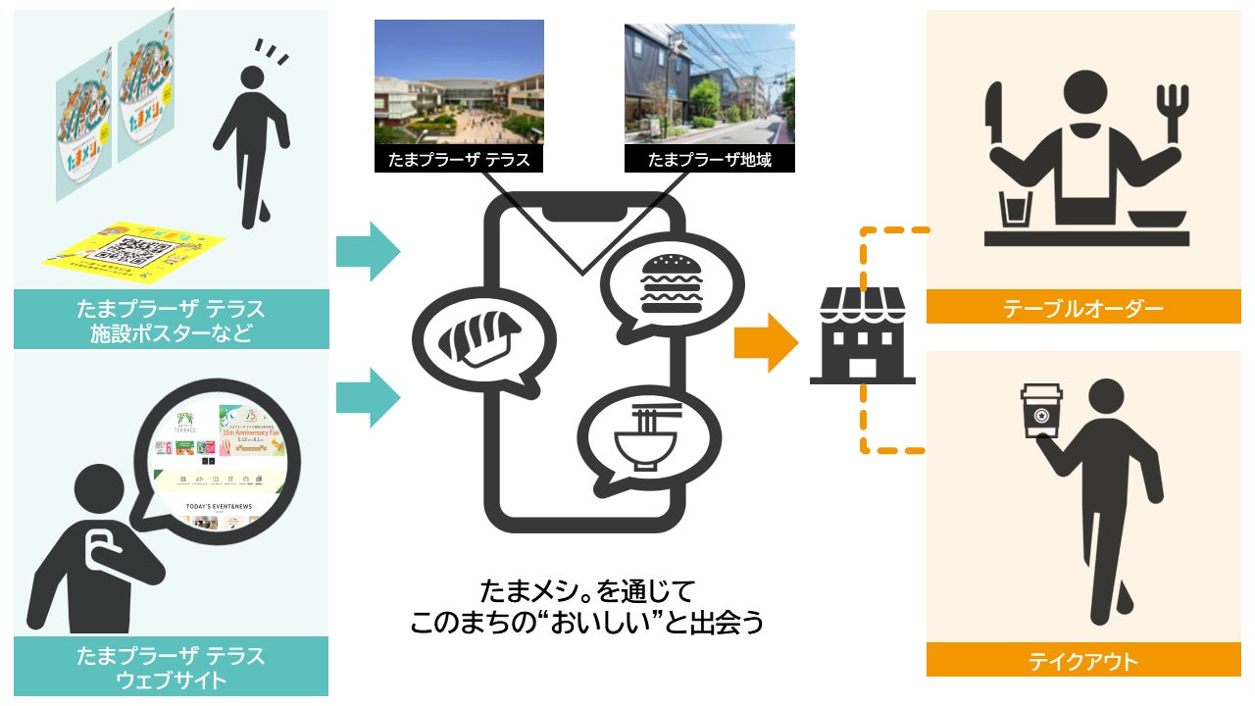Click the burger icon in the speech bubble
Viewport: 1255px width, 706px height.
tap(667, 280)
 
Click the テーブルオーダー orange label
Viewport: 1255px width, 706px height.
tap(1082, 309)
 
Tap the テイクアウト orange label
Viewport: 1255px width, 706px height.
tap(1082, 661)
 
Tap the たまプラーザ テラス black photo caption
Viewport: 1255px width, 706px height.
tap(459, 159)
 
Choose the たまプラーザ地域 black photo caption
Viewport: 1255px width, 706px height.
tap(709, 159)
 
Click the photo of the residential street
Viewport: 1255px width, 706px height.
tap(709, 82)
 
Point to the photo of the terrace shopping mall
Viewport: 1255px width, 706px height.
tap(459, 82)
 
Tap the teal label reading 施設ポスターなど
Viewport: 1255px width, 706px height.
tap(171, 322)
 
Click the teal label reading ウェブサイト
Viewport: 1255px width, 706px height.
tap(171, 668)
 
